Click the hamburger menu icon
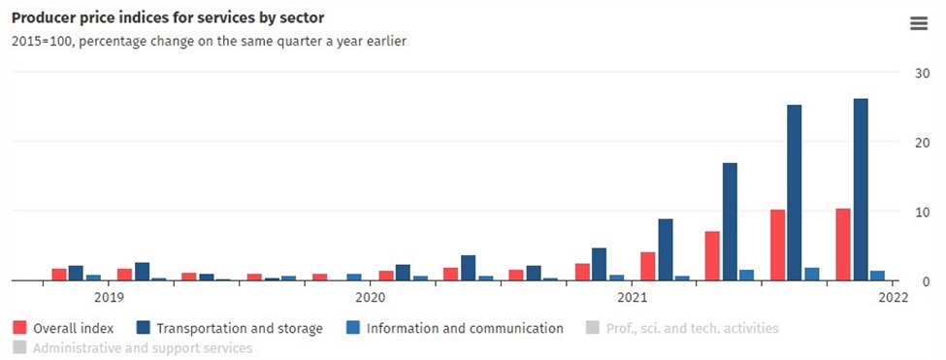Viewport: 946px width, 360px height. click(x=918, y=23)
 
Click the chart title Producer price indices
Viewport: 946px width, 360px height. click(x=167, y=17)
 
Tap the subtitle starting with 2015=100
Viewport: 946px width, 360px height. click(x=208, y=42)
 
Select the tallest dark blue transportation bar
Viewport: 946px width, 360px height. click(x=861, y=189)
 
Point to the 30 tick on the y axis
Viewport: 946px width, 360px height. click(x=924, y=73)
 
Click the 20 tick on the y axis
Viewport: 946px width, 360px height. click(x=924, y=143)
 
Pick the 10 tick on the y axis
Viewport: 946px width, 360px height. click(x=924, y=213)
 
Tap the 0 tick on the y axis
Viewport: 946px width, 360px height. click(x=927, y=281)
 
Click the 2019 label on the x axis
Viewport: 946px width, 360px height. click(x=109, y=297)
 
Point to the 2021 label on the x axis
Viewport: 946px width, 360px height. click(x=632, y=297)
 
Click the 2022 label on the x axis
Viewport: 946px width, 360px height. click(x=893, y=297)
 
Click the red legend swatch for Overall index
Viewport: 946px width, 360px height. click(x=19, y=328)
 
